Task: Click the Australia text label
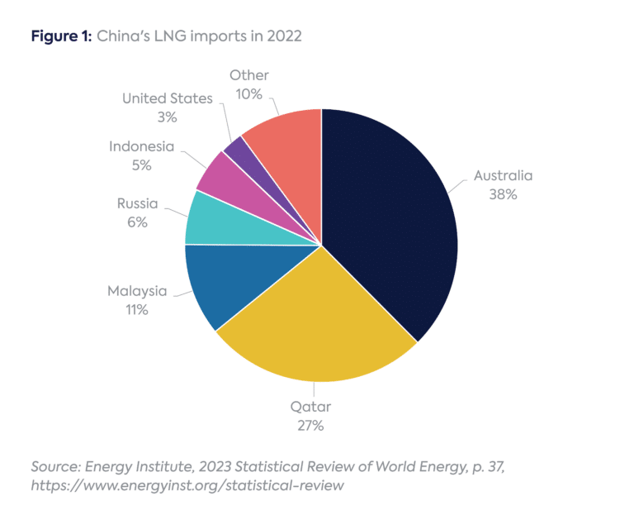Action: pos(503,175)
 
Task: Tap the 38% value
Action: pos(503,194)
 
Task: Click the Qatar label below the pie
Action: pos(311,408)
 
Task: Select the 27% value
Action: pos(311,427)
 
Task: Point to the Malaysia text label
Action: pos(137,291)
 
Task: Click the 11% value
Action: pos(137,310)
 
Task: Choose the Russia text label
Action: pos(137,203)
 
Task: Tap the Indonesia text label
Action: pos(142,146)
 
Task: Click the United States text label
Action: pos(168,98)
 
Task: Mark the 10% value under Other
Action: pos(248,94)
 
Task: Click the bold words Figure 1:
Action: pos(60,36)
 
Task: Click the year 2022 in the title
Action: pos(283,36)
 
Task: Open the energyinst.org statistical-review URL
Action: pos(187,486)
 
